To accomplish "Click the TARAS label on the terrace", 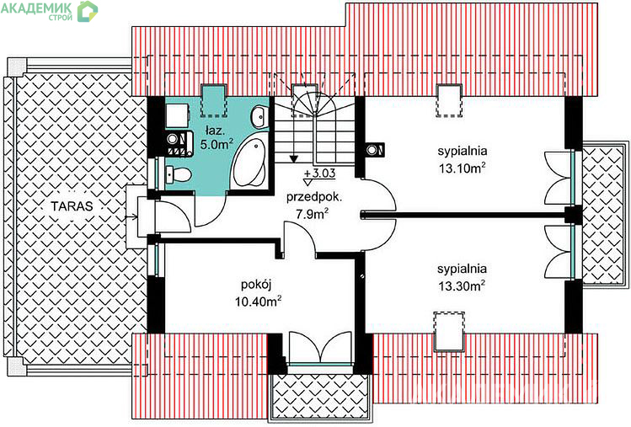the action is [x=72, y=206].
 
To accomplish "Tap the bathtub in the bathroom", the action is [x=249, y=163].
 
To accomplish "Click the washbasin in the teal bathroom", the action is [x=259, y=117].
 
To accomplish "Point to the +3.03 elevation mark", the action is [x=320, y=173].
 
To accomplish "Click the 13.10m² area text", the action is [x=462, y=168].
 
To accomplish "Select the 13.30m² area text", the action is [x=462, y=286].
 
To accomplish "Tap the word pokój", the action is [x=256, y=285].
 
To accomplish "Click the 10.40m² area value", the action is [x=258, y=301].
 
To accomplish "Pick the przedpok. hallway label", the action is [x=314, y=198].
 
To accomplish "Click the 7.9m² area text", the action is [x=313, y=214].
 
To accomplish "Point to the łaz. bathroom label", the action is [x=213, y=131].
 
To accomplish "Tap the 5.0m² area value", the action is [x=217, y=145].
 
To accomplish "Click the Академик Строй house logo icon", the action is [x=88, y=11].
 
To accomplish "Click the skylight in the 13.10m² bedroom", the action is [x=449, y=101].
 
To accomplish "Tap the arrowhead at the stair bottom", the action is [x=294, y=158].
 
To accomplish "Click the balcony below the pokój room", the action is [x=320, y=398].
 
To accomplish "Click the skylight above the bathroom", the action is [x=214, y=100].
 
